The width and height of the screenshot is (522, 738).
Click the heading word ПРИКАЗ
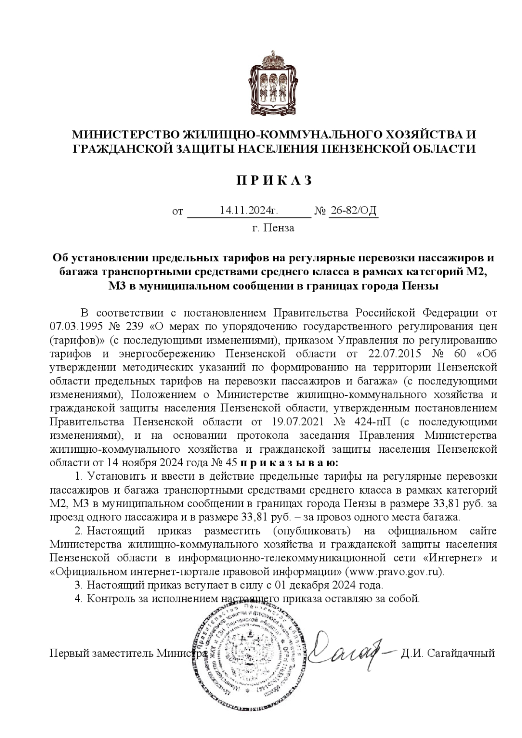click(274, 180)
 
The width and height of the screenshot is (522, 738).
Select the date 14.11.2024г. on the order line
click(248, 211)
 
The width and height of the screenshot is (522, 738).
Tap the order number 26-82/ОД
click(353, 211)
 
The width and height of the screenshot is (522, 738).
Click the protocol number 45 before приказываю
click(231, 462)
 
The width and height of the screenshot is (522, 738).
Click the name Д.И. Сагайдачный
click(448, 653)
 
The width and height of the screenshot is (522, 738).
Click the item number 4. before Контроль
click(79, 598)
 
